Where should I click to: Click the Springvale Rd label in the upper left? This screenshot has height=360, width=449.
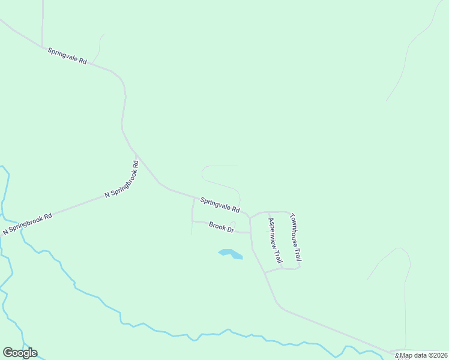[x=68, y=56]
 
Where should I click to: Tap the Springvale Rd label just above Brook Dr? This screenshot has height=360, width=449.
[x=220, y=206]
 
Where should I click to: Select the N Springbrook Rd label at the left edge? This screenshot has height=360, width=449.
[x=28, y=223]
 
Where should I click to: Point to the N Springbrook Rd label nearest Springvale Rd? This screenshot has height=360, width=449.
[x=122, y=179]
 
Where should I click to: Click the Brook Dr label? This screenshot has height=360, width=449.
[x=221, y=227]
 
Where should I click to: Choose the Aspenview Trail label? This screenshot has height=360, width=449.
[x=274, y=241]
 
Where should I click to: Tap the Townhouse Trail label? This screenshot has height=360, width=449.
[x=295, y=238]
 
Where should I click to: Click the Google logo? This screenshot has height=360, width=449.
[x=20, y=353]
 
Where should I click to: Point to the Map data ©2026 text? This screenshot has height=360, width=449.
[x=424, y=355]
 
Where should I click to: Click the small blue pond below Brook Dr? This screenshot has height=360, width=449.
[x=231, y=254]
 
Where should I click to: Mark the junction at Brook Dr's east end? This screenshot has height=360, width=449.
[x=250, y=232]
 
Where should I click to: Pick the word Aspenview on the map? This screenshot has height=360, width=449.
[x=273, y=232]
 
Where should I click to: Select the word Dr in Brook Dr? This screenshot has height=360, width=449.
[x=229, y=229]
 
